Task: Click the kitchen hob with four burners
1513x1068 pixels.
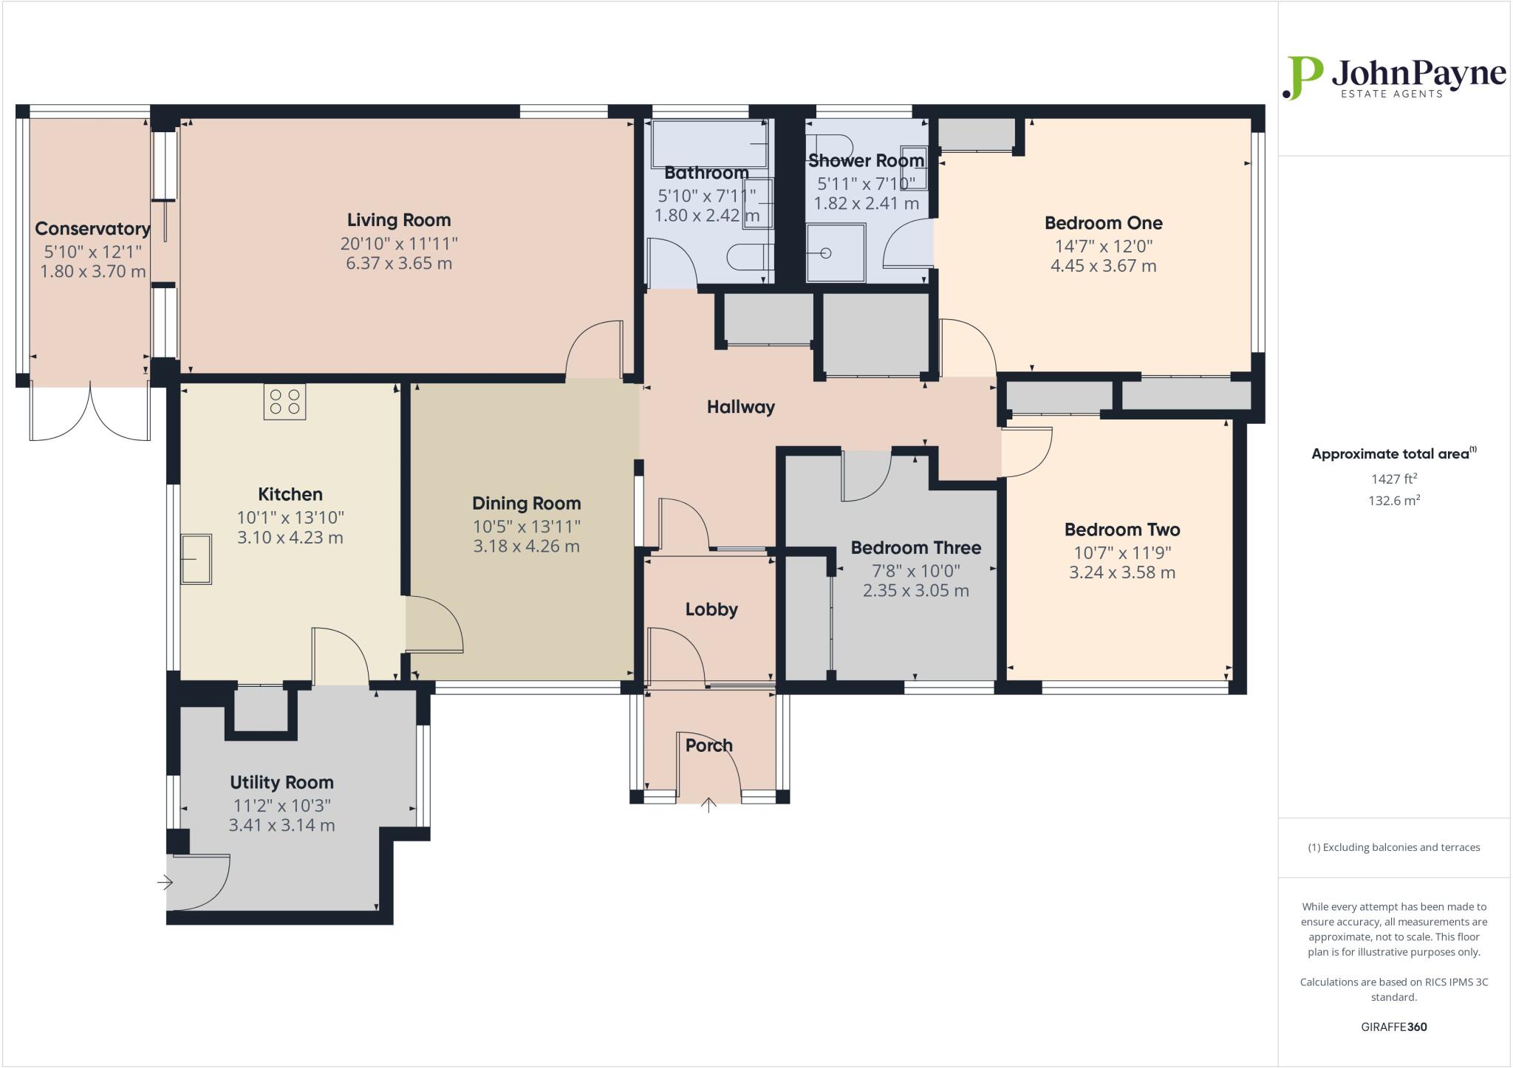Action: coord(284,402)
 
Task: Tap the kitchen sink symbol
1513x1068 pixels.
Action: coord(197,559)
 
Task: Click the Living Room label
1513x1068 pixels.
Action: coord(399,220)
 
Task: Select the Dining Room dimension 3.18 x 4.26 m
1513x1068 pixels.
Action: coord(526,547)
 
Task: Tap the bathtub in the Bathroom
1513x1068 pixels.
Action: coord(708,144)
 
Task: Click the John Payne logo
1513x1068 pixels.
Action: coord(1393,78)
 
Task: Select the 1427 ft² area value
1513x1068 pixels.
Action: coord(1393,479)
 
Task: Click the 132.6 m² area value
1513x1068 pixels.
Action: coord(1393,500)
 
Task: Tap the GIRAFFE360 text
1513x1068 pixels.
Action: coord(1393,1027)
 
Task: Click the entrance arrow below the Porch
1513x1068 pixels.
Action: coord(708,804)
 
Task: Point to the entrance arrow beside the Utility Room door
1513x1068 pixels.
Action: coord(165,882)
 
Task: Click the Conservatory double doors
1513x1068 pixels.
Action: coord(90,414)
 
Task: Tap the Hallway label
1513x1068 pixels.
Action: coord(740,407)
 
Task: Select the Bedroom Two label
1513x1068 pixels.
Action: coord(1121,530)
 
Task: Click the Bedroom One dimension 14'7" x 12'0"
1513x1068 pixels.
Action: coord(1103,246)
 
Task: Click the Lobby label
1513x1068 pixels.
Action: coord(711,609)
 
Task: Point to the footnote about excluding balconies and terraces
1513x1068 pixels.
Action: coord(1393,847)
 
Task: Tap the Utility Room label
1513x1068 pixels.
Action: coord(281,782)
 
